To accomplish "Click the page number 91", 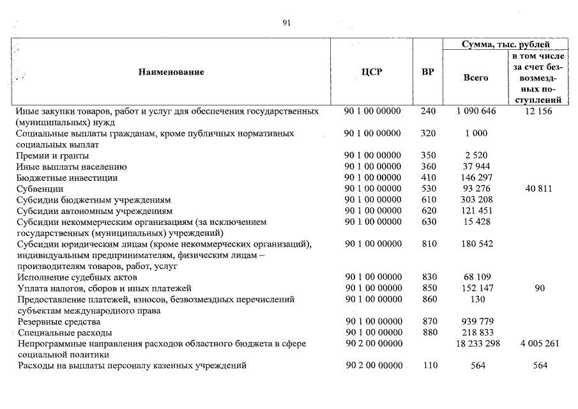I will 287,23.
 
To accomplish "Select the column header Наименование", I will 171,72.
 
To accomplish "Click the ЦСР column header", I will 372,72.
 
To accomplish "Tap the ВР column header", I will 428,72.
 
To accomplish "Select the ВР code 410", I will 429,178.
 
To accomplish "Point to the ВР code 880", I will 429,333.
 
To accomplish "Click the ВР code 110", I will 429,366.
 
